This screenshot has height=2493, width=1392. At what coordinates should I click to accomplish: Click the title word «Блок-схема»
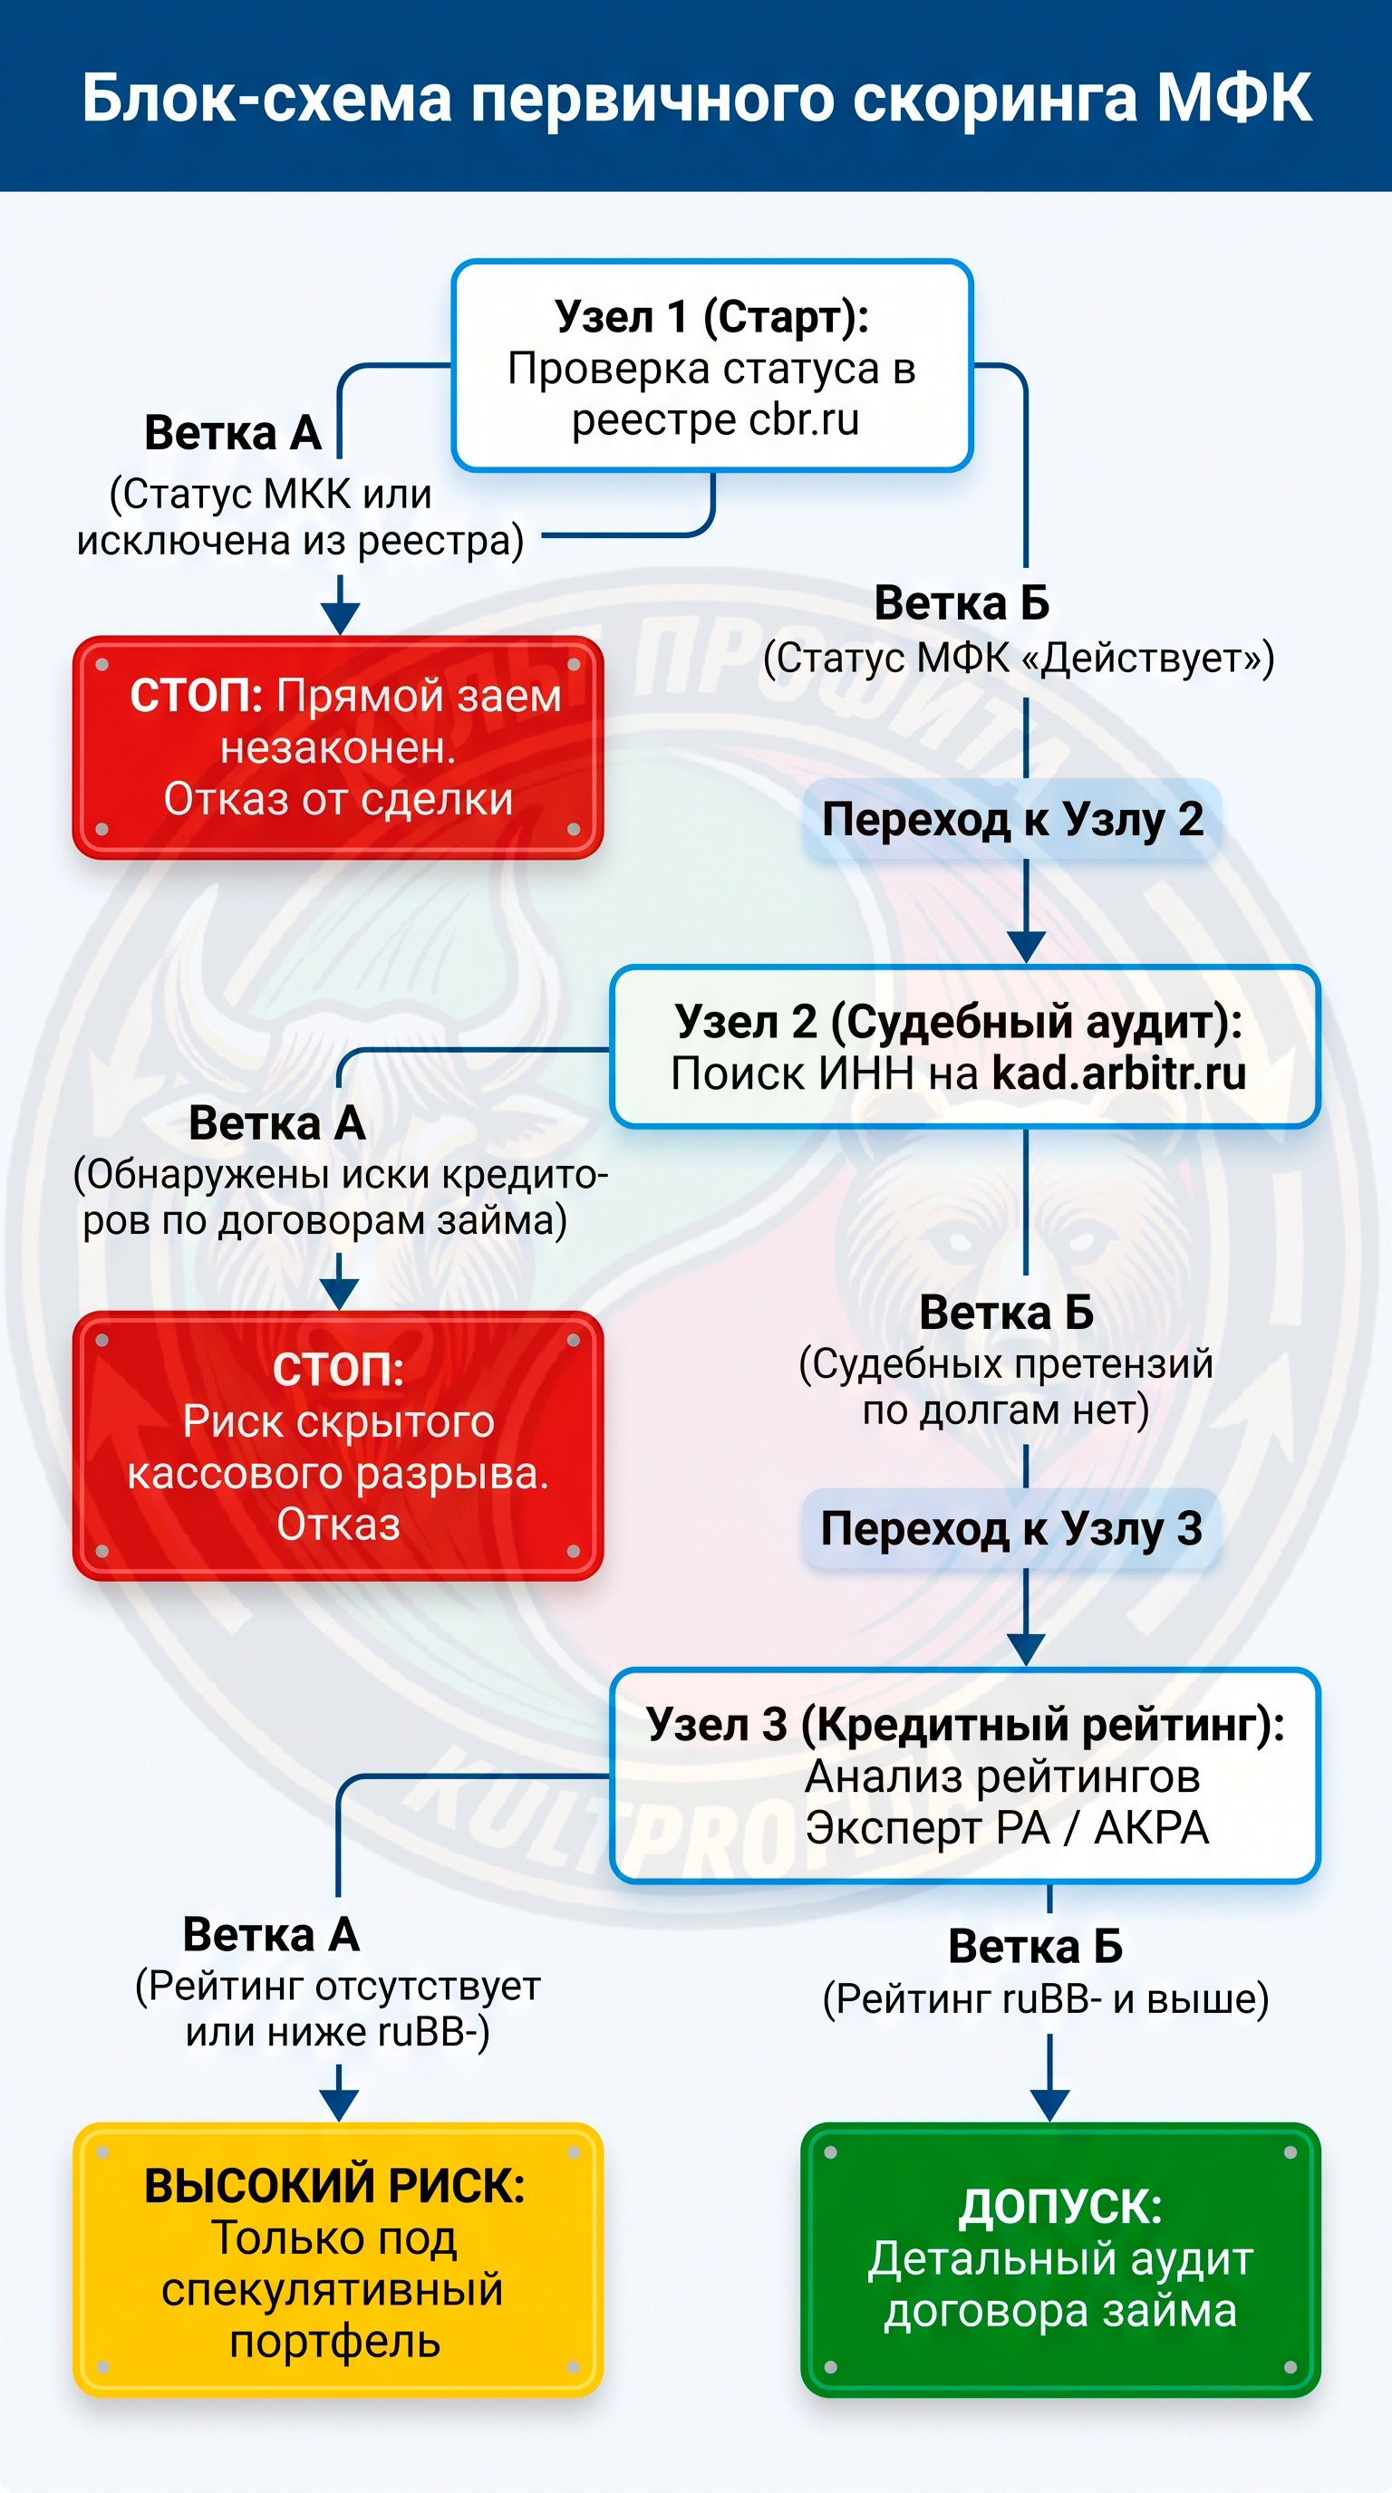click(267, 99)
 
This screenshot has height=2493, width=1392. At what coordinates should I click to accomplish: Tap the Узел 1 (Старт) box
click(711, 366)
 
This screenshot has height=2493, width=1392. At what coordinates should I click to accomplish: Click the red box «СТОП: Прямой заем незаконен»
click(338, 747)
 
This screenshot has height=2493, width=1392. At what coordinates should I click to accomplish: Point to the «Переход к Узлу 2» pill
click(1011, 820)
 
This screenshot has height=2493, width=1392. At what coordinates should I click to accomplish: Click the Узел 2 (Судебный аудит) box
click(965, 1047)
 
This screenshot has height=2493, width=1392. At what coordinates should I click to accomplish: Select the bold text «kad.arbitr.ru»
click(1119, 1074)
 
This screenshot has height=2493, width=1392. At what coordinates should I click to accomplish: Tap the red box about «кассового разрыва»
click(338, 1446)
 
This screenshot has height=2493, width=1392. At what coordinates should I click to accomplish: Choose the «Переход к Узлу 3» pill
click(1011, 1529)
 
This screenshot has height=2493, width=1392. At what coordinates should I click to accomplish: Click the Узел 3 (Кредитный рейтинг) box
click(965, 1776)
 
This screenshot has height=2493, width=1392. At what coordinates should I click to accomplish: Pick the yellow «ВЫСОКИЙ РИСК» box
click(338, 2258)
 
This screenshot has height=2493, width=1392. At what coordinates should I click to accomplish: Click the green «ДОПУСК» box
click(1061, 2258)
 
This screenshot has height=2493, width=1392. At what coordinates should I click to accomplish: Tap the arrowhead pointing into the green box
click(1050, 2106)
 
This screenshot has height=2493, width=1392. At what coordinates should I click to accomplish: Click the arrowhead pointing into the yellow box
click(339, 2106)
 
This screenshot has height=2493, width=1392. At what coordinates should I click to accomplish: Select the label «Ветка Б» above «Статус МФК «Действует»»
click(962, 603)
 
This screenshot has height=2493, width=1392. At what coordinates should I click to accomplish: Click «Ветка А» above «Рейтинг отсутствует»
click(272, 1936)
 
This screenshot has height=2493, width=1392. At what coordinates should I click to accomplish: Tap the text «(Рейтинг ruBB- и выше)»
click(1046, 1999)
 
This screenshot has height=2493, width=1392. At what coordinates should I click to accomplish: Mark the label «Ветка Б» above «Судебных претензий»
click(1007, 1314)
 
